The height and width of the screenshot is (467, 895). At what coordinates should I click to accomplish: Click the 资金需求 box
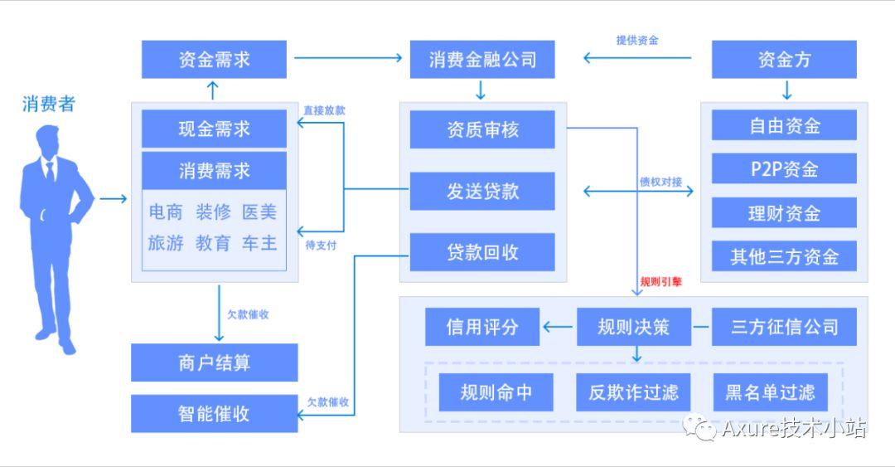pos(214,60)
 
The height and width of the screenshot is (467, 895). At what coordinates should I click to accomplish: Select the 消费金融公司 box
pos(482,60)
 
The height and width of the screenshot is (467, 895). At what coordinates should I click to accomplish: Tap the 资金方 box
pos(784,60)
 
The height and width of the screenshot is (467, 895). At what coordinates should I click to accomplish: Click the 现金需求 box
pos(214,129)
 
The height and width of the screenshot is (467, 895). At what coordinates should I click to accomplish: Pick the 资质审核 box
pos(482,129)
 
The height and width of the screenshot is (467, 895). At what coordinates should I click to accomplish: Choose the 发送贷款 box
pos(482,191)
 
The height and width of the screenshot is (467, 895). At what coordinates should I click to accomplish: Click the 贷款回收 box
pos(482,252)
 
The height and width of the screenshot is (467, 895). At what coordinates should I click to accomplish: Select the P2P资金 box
pos(784,168)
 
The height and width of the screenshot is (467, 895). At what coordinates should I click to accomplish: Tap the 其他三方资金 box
pos(784,256)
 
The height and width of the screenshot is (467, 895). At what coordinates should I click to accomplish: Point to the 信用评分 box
pos(482,327)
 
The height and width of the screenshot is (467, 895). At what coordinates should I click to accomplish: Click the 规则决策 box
pos(634,327)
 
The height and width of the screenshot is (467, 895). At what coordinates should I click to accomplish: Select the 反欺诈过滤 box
pos(633,392)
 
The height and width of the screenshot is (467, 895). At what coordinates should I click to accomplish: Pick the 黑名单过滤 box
pos(770,392)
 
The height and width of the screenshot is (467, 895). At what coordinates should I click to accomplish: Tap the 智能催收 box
pos(214,414)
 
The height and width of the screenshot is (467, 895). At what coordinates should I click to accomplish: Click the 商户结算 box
pos(214,362)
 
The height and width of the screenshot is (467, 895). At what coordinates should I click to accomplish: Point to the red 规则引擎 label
pos(661,282)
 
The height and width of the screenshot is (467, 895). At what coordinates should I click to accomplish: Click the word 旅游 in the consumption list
pos(166,243)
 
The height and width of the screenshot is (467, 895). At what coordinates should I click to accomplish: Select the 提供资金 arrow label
pos(637,40)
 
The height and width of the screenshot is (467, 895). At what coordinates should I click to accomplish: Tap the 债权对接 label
pos(661,182)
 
